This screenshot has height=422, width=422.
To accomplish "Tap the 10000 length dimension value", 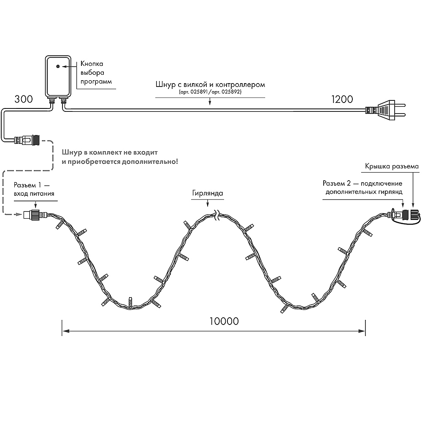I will click(224, 321).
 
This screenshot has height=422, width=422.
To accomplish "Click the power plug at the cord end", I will click(386, 111).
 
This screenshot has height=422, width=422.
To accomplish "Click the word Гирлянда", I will click(206, 193).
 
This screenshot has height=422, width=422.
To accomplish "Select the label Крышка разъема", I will click(392, 166).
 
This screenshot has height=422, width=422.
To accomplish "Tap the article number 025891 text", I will click(195, 92).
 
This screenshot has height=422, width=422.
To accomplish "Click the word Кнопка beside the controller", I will click(92, 64).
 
